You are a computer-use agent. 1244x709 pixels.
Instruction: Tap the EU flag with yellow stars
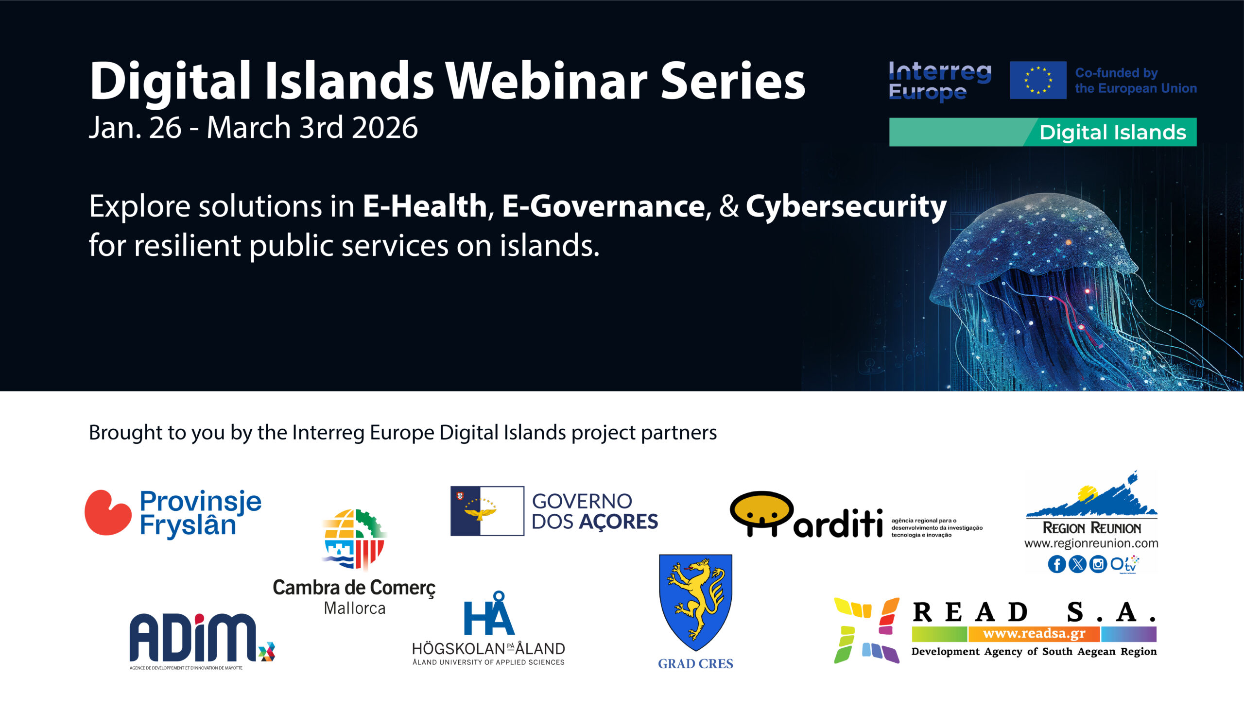click(1038, 80)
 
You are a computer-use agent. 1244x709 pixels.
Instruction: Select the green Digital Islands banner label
click(1043, 132)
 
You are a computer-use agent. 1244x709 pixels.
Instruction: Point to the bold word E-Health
click(424, 206)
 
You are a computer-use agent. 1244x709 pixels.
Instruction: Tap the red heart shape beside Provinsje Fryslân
click(108, 512)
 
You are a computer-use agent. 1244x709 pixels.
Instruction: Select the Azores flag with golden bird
click(487, 511)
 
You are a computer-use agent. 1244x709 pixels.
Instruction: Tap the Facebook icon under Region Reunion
click(1056, 564)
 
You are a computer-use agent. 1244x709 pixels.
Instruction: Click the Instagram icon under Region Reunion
click(1098, 564)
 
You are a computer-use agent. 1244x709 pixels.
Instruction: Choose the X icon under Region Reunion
click(1077, 564)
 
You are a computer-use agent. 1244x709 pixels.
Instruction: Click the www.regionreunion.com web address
click(1091, 543)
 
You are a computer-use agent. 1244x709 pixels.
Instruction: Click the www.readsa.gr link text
click(1034, 634)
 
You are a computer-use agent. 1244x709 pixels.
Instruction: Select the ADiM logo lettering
click(193, 637)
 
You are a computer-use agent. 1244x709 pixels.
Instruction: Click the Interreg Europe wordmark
click(939, 81)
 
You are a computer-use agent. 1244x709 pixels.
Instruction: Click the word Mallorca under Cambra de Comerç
click(355, 608)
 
